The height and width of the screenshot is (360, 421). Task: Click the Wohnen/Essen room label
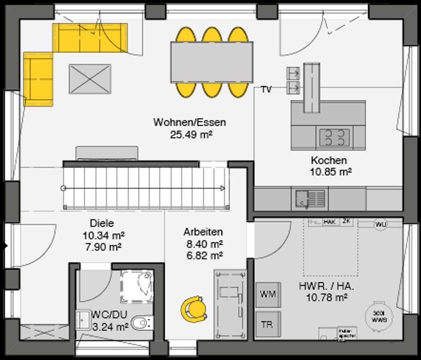(x=190, y=122)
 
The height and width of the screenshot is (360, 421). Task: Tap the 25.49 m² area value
(x=190, y=134)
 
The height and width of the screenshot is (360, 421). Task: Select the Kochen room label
(x=328, y=160)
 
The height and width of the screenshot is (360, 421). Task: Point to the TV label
(x=266, y=90)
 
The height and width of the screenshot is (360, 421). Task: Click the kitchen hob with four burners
(x=334, y=137)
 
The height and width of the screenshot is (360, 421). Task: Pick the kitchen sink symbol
(x=309, y=198)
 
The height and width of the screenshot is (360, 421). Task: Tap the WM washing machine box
(x=268, y=295)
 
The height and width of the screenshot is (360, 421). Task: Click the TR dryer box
(x=268, y=325)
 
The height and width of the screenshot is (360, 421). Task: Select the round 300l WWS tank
(x=379, y=316)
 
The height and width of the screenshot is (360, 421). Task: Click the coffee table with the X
(x=90, y=79)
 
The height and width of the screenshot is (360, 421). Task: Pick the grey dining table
(x=212, y=62)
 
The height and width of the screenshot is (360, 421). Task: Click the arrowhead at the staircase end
(x=222, y=188)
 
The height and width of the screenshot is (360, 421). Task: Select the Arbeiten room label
(x=203, y=232)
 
